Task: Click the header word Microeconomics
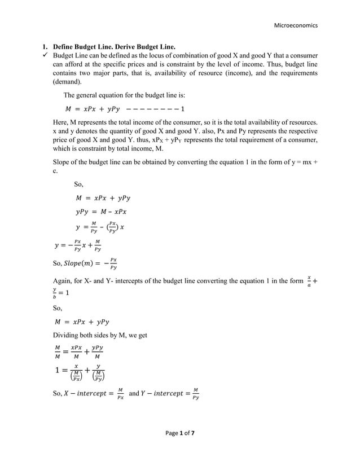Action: point(296,25)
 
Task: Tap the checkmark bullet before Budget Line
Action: point(47,56)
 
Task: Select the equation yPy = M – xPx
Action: point(101,212)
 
